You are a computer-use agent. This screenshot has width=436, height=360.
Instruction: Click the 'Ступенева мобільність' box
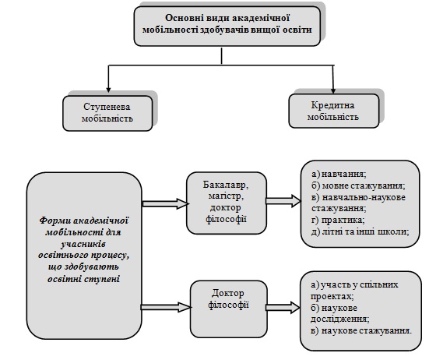click(107, 113)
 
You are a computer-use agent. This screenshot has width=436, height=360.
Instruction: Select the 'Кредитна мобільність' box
click(334, 111)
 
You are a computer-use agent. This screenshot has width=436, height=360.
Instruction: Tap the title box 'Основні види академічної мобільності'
click(227, 26)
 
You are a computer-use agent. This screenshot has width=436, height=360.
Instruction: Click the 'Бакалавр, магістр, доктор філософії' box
click(227, 203)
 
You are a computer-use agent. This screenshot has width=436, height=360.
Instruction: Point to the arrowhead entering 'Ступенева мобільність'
click(108, 90)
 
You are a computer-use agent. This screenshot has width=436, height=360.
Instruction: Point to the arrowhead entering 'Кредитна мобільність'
click(333, 90)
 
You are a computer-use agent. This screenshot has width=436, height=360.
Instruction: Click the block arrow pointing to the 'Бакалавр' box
click(165, 203)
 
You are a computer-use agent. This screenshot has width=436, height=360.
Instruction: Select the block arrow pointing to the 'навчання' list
click(283, 201)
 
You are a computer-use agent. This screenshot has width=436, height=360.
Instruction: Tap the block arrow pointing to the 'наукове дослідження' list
click(283, 308)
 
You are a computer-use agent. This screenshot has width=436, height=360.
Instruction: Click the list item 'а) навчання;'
click(339, 174)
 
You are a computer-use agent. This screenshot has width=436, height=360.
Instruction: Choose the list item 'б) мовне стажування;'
click(358, 185)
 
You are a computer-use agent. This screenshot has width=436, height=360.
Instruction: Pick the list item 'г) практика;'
click(338, 220)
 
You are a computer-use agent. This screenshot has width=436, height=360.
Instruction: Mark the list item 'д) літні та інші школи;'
click(360, 231)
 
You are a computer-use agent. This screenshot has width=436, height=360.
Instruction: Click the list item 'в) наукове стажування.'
click(361, 331)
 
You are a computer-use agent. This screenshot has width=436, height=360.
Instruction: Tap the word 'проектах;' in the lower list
click(332, 296)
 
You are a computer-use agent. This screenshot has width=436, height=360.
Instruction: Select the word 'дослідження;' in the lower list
click(339, 319)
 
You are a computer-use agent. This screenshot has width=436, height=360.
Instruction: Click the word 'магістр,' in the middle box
click(226, 196)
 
